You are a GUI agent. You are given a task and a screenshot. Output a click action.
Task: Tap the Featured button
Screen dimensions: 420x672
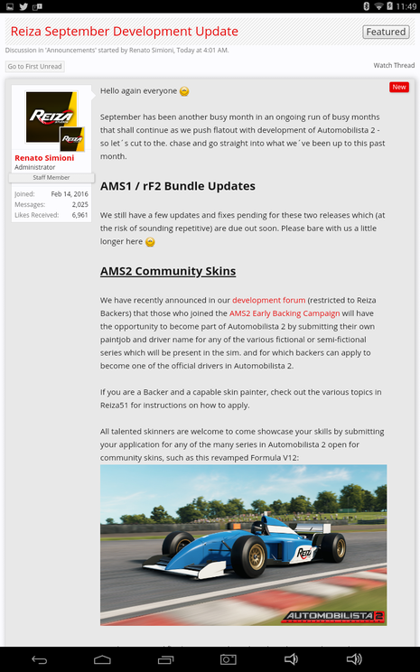[386, 32]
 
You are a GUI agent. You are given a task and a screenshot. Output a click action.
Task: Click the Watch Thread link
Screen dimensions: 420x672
[394, 66]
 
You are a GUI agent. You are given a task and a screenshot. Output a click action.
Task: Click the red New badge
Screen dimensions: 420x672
[399, 87]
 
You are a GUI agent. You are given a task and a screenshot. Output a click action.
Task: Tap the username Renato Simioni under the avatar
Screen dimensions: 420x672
[45, 158]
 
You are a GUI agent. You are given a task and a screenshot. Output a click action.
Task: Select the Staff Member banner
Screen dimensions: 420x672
[51, 177]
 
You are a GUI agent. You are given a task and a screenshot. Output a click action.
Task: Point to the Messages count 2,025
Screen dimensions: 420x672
[79, 204]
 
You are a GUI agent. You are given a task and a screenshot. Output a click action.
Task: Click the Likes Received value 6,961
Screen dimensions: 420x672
[79, 215]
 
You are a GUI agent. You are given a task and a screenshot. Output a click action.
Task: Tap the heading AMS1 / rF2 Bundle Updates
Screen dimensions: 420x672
[177, 186]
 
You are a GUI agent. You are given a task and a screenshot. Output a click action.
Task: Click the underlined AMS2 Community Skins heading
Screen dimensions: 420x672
[168, 271]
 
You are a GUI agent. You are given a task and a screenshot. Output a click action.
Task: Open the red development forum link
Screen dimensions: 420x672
[269, 299]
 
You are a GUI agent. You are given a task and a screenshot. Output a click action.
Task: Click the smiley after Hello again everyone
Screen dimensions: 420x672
[184, 91]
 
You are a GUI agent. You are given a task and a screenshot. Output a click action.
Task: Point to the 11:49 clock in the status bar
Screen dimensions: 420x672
[404, 6]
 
